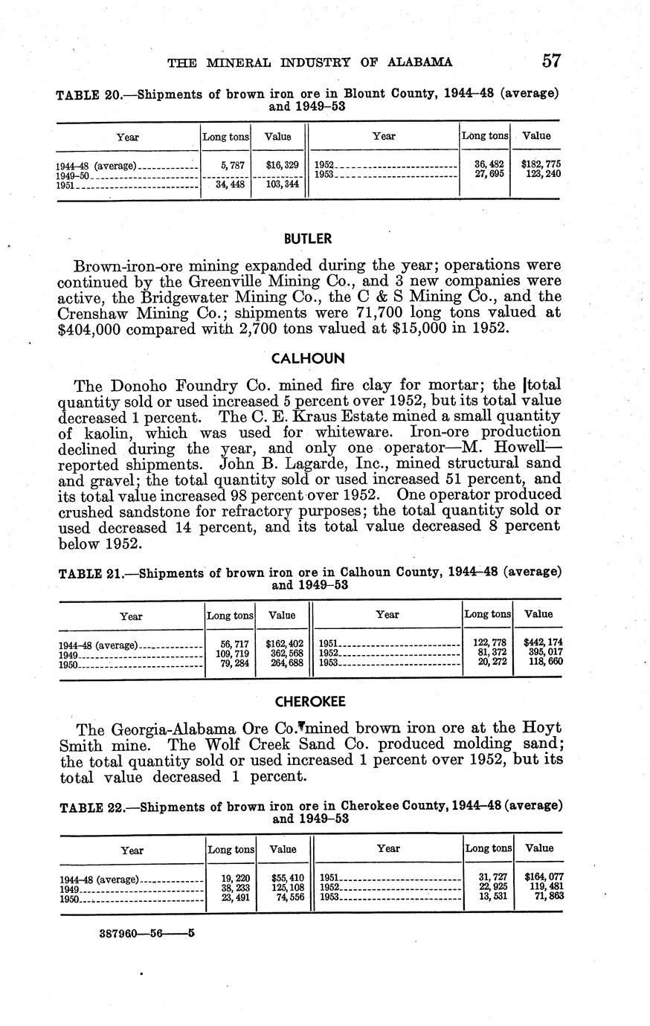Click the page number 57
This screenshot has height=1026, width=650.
pyautogui.click(x=550, y=61)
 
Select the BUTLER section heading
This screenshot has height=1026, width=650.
pyautogui.click(x=308, y=239)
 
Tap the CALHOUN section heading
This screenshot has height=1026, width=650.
pyautogui.click(x=308, y=358)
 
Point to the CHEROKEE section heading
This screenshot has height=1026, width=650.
pyautogui.click(x=310, y=702)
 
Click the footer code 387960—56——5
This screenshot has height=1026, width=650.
pyautogui.click(x=147, y=932)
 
